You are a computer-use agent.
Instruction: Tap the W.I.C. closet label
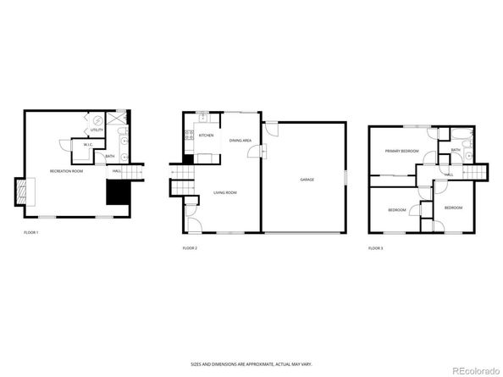(88, 146)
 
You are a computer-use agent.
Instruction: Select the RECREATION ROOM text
(66, 172)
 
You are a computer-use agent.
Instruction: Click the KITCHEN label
(206, 136)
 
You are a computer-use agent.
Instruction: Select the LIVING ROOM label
(225, 193)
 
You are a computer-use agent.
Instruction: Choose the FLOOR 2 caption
(190, 247)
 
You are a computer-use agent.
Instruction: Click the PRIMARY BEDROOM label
(401, 151)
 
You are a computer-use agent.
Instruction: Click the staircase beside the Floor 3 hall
(478, 174)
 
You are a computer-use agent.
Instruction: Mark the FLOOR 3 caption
(375, 247)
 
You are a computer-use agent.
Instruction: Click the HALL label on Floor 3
(448, 175)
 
